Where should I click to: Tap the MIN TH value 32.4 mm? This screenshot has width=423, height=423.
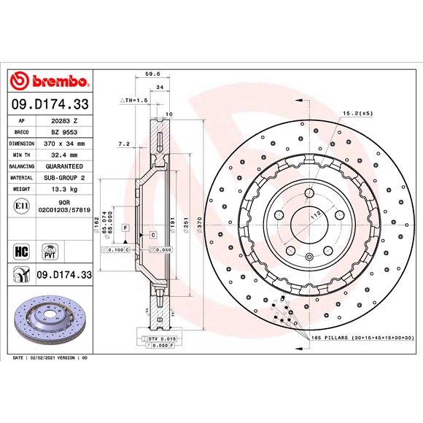[66, 155]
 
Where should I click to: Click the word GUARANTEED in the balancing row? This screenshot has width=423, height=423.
[66, 166]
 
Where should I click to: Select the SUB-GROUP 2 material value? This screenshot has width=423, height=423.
[66, 178]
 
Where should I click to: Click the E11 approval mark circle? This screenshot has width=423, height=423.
[21, 208]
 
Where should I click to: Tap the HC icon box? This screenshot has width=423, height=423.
[21, 252]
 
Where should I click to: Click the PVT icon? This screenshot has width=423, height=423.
[52, 252]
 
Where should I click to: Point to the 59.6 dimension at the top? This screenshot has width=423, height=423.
[152, 73]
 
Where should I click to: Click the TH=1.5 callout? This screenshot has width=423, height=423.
[134, 99]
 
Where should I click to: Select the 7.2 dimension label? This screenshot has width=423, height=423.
[123, 144]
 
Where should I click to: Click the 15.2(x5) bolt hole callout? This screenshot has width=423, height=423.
[357, 114]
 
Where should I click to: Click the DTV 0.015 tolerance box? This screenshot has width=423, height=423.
[162, 339]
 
